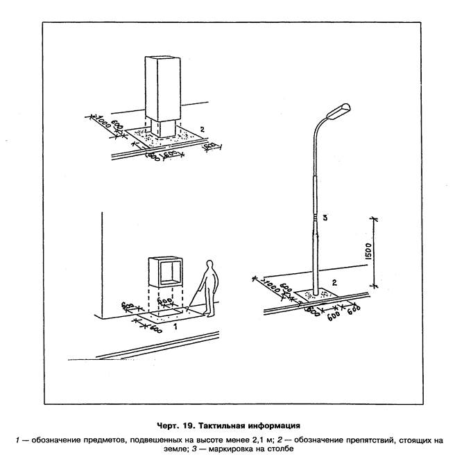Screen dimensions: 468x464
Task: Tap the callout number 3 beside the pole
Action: pyautogui.click(x=325, y=218)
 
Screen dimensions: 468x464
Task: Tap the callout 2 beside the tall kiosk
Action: pyautogui.click(x=200, y=129)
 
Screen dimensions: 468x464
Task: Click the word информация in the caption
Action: pyautogui.click(x=274, y=425)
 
